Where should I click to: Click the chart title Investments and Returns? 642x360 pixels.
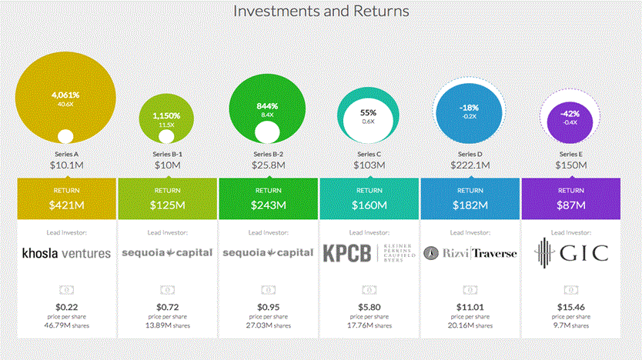click(x=321, y=11)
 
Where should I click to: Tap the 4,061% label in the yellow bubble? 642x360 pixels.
click(x=65, y=95)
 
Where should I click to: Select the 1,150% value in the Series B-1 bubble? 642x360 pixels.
click(x=166, y=116)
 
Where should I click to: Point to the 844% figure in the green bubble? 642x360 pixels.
click(x=267, y=106)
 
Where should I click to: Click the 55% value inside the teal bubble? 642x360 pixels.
click(x=368, y=112)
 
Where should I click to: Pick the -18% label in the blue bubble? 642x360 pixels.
click(x=469, y=108)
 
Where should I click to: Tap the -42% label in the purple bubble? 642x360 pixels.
click(x=570, y=114)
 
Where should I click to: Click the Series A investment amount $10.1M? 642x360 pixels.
click(x=67, y=165)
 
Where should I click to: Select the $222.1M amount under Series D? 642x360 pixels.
click(x=470, y=165)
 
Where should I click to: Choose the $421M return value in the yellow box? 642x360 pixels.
click(x=67, y=205)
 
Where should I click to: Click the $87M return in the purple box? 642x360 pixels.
click(x=570, y=205)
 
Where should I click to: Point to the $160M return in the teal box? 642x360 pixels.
click(x=369, y=205)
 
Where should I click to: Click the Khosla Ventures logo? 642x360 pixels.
click(x=66, y=253)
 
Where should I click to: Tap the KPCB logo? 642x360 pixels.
click(x=369, y=253)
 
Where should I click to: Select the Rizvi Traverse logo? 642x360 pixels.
click(x=470, y=253)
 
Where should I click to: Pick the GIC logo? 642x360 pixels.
click(x=571, y=253)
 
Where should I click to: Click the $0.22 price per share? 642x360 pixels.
click(x=67, y=307)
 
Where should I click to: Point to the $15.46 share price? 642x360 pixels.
click(x=570, y=307)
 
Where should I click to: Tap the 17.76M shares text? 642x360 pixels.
click(x=369, y=325)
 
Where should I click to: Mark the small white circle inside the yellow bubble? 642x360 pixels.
click(x=65, y=136)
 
